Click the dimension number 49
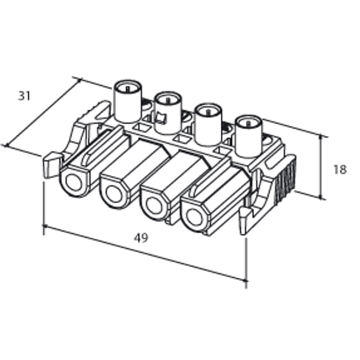click(x=141, y=237)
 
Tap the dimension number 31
click(x=24, y=95)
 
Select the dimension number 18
click(x=340, y=170)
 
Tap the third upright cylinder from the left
click(x=208, y=123)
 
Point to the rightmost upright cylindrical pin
click(x=247, y=135)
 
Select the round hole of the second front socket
click(x=113, y=194)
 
